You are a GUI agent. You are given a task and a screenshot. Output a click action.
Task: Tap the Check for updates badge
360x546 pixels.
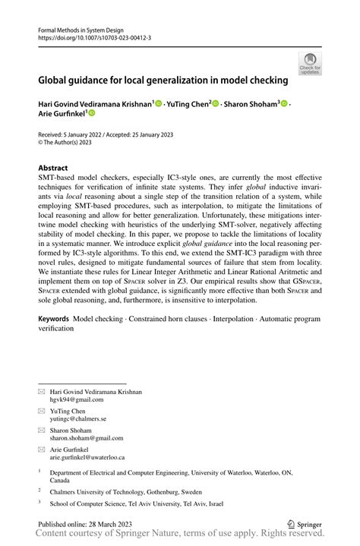(310, 64)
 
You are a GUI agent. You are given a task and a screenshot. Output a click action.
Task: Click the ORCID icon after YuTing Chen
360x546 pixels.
(215, 103)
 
